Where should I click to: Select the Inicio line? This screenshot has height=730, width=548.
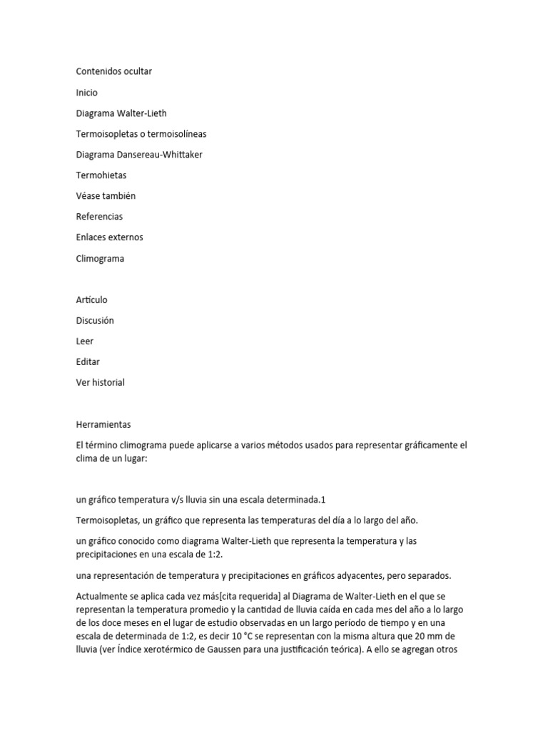(x=87, y=93)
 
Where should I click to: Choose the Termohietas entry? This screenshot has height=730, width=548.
(x=101, y=175)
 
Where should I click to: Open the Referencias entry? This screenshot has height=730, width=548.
(x=99, y=216)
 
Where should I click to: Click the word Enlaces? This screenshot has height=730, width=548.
(x=93, y=237)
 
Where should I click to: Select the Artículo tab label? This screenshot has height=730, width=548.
(x=92, y=300)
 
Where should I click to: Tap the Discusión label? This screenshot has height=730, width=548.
(x=95, y=321)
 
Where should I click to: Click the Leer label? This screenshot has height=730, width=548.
(x=85, y=341)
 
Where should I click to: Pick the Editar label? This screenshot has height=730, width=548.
(x=88, y=361)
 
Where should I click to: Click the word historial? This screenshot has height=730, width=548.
(x=108, y=382)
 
